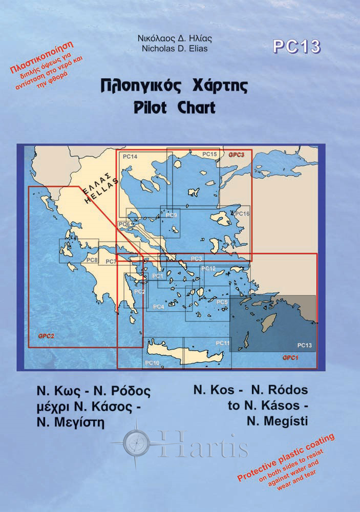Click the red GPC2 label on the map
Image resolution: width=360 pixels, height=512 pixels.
tap(46, 336)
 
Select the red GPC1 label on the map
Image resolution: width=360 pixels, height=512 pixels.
tap(290, 357)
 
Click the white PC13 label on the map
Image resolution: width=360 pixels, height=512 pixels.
tap(304, 345)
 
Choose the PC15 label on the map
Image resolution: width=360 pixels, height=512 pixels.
tap(210, 154)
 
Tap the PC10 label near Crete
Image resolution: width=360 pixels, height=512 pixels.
tap(153, 363)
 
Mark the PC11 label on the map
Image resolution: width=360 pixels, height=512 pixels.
tap(222, 342)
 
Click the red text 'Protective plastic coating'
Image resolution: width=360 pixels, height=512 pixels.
tap(287, 457)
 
